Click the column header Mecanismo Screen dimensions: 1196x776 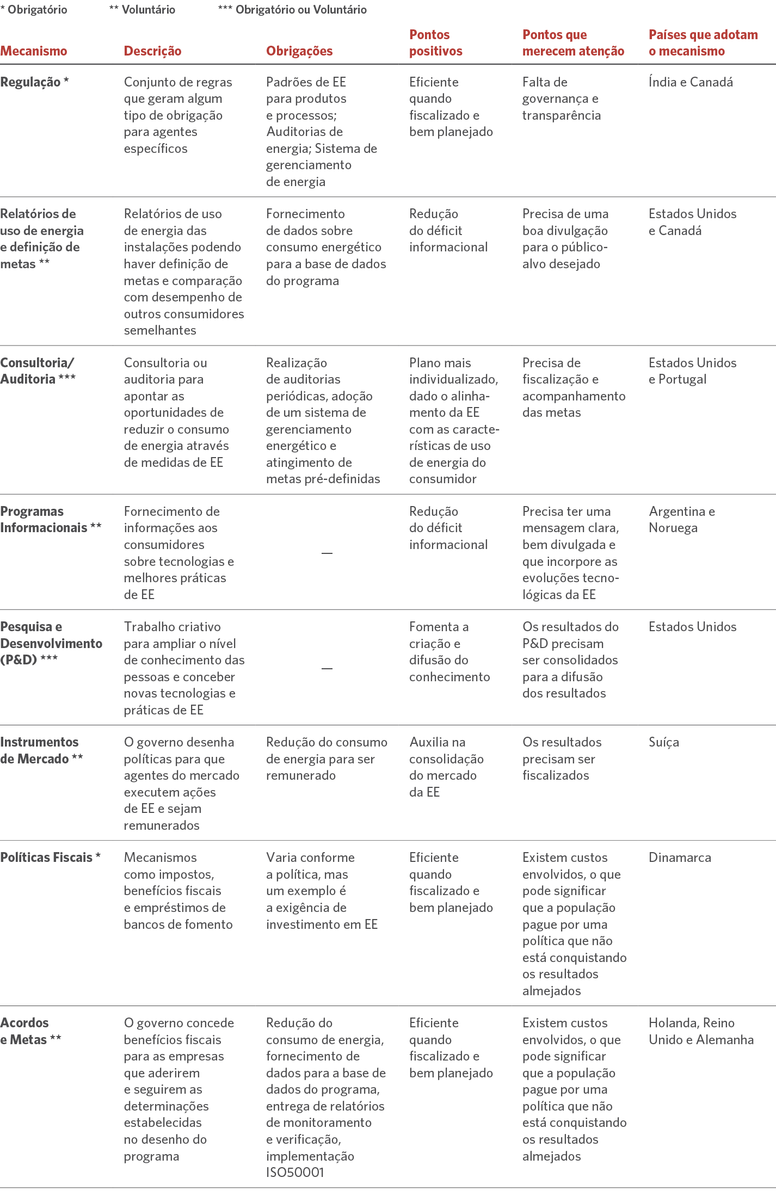click(34, 51)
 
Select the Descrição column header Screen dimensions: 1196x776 click(152, 51)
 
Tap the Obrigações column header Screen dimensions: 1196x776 click(299, 51)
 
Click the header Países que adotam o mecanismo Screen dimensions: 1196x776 click(703, 43)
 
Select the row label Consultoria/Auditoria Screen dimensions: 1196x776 click(37, 371)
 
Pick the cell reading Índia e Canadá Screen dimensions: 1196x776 click(691, 82)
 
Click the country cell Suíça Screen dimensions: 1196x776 click(663, 742)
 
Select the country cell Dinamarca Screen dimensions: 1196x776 click(680, 857)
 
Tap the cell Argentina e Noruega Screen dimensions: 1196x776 click(681, 519)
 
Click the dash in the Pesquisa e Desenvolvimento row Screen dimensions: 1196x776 click(327, 668)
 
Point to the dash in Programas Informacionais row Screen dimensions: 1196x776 click(327, 553)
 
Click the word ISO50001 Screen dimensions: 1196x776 click(295, 1172)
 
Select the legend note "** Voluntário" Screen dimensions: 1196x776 click(142, 9)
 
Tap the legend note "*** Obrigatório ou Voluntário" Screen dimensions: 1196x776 click(292, 9)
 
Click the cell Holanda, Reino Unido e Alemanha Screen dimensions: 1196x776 click(701, 1031)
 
